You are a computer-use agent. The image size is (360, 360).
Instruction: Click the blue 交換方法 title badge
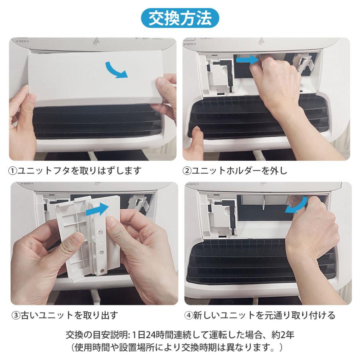tap(180, 18)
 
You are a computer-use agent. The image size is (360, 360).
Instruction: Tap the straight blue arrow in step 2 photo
tap(246, 60)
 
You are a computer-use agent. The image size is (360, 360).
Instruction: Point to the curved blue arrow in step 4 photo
tap(296, 206)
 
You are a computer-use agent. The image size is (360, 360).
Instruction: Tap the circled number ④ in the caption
tap(188, 315)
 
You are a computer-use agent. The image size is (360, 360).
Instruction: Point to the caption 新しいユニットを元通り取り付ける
tap(264, 315)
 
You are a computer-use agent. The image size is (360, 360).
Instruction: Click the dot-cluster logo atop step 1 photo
tap(96, 41)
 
